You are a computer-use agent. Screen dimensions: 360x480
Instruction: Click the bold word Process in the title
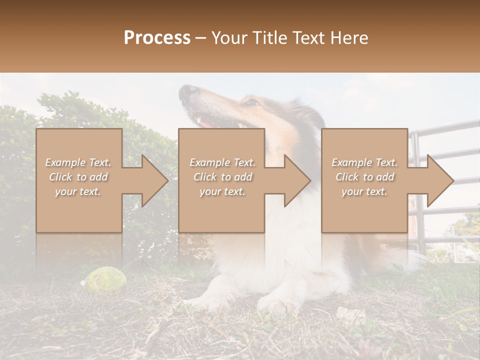pos(157,38)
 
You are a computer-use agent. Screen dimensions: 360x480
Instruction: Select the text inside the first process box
pos(78,177)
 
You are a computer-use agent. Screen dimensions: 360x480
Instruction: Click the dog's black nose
pos(189,91)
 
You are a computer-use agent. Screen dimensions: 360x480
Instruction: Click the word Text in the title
pos(308,38)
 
